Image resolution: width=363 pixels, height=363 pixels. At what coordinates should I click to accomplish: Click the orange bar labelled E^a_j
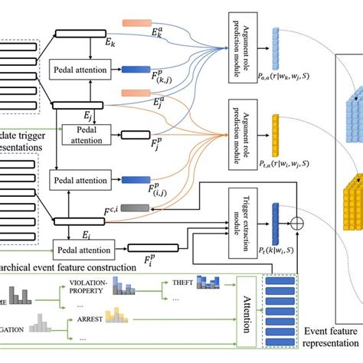(147, 93)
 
